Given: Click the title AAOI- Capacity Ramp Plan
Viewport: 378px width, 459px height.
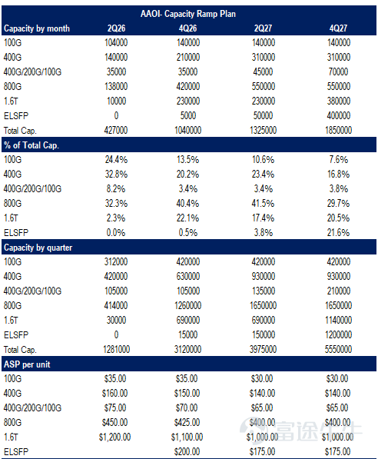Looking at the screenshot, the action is [187, 14].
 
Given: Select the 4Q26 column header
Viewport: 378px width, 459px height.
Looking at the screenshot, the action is [187, 28].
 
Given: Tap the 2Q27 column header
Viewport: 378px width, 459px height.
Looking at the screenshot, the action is [263, 28].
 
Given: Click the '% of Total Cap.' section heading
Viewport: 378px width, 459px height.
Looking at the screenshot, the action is [31, 145].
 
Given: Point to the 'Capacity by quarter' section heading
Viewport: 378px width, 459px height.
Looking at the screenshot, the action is [38, 248].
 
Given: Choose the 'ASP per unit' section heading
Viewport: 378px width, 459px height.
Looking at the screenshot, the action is [27, 364].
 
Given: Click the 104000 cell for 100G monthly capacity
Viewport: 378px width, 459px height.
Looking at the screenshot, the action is [116, 43].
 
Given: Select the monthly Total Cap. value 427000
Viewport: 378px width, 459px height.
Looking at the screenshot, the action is [116, 130].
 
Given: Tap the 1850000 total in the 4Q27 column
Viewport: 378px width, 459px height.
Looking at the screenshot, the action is [339, 130].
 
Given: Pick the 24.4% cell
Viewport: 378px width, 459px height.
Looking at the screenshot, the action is [116, 160].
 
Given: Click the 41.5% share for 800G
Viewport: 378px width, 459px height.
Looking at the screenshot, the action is [263, 204].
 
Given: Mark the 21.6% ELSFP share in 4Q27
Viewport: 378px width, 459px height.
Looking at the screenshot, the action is [339, 233].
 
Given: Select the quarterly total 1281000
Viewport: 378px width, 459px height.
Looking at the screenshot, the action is [116, 349].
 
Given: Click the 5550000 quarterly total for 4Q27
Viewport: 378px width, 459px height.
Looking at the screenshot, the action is [339, 349].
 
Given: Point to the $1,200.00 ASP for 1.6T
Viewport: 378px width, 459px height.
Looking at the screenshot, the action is [114, 437].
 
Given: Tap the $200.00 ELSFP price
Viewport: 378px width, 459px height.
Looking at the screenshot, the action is [187, 451].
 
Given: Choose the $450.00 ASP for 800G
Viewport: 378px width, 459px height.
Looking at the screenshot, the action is [114, 422].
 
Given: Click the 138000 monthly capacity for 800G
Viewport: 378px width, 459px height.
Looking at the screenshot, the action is [116, 86].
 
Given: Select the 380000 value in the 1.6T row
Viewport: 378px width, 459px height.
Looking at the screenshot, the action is [339, 101].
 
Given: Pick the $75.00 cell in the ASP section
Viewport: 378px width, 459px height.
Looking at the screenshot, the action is [115, 407].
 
